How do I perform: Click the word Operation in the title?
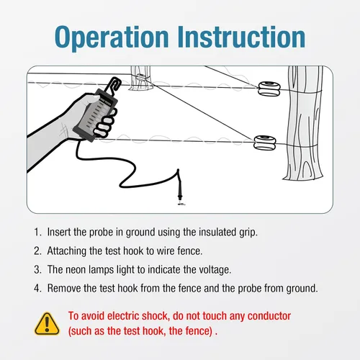pyautogui.click(x=112, y=37)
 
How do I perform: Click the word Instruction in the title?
pyautogui.click(x=241, y=37)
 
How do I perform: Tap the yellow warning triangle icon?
pyautogui.click(x=47, y=323)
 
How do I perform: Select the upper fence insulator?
pyautogui.click(x=269, y=89)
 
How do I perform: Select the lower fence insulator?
pyautogui.click(x=265, y=143)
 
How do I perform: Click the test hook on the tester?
pyautogui.click(x=114, y=85)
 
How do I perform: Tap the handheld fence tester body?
pyautogui.click(x=96, y=114)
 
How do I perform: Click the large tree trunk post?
pyautogui.click(x=304, y=123)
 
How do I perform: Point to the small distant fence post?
pyautogui.click(x=140, y=78)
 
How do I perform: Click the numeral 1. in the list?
pyautogui.click(x=37, y=232)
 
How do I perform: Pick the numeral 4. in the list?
pyautogui.click(x=37, y=288)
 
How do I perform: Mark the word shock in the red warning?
pyautogui.click(x=156, y=316)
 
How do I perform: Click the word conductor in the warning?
pyautogui.click(x=269, y=316)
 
